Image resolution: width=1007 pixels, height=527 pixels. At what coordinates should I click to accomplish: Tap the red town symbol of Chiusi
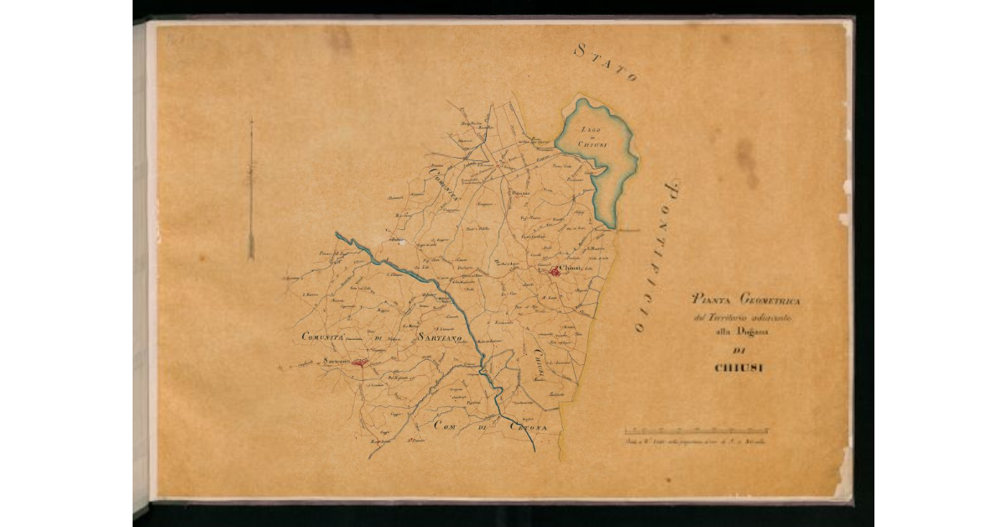(556, 271)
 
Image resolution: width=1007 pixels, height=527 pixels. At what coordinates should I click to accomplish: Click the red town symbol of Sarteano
(360, 363)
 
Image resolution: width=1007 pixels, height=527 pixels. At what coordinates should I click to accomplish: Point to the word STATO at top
(606, 62)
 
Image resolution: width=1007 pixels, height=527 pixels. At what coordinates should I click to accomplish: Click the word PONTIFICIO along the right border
(660, 256)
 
